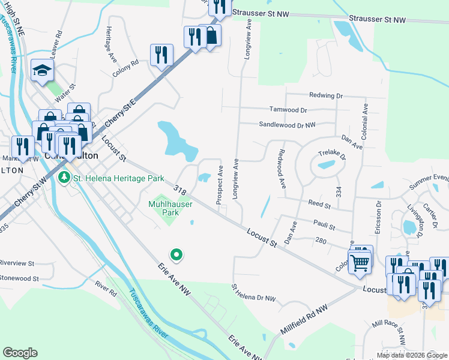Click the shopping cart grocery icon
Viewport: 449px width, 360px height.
coord(359,262)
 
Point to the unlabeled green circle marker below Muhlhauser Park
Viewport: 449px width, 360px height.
coord(176,256)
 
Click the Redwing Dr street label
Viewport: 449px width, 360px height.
coord(325,95)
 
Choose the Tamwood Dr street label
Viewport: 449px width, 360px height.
coord(288,110)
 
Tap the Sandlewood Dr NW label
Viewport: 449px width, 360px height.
coord(287,125)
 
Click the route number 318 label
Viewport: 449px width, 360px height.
coord(179,190)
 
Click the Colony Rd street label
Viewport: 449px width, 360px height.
coord(125,68)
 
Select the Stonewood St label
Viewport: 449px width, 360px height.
coord(19,278)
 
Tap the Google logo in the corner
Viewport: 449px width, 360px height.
coord(20,353)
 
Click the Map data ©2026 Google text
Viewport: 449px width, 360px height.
coord(412,355)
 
